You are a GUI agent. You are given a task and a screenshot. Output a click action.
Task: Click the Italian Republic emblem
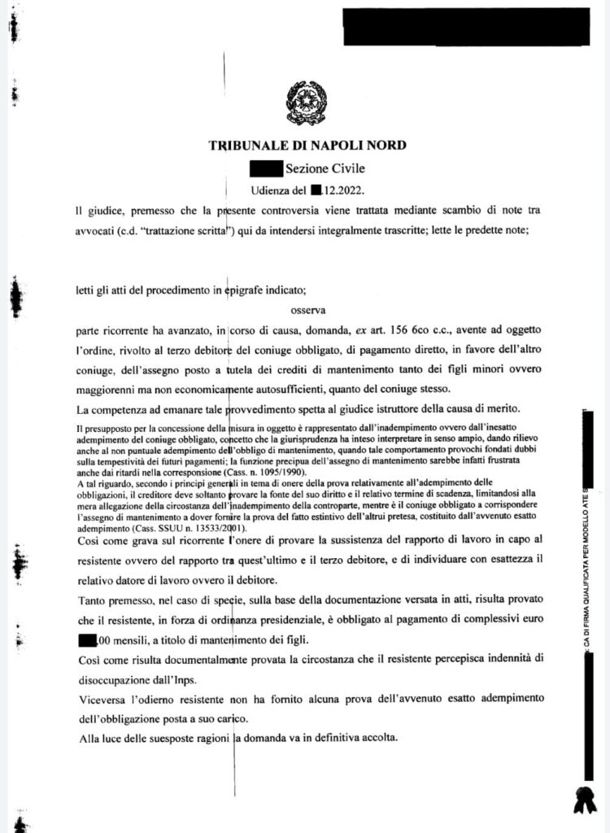[306, 103]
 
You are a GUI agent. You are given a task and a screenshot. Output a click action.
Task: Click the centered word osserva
[307, 309]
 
